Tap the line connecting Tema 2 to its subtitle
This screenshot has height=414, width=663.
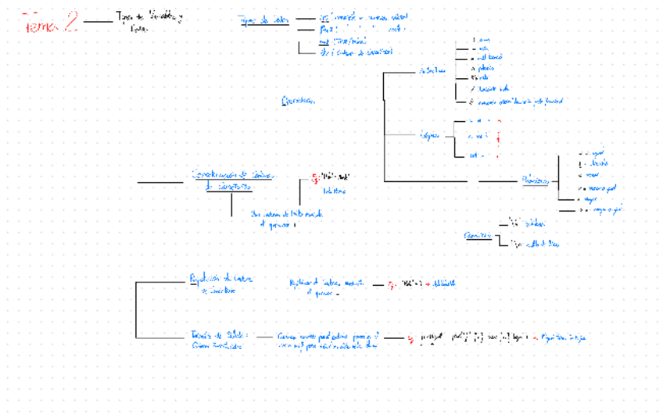coord(99,23)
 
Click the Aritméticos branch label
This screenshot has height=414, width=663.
coord(432,71)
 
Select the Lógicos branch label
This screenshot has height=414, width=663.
coord(429,135)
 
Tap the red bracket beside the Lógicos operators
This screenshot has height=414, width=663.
coord(498,138)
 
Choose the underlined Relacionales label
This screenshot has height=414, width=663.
coord(536,180)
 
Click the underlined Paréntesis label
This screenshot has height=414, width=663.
coord(478,235)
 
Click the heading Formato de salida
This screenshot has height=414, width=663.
coord(219,337)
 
